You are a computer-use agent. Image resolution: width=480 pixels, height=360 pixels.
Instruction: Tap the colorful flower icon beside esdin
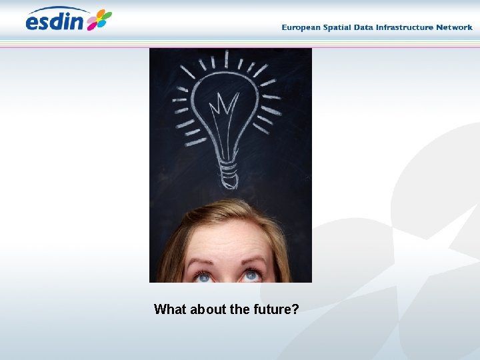click(x=99, y=19)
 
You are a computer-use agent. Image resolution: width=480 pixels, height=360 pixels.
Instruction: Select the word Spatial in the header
click(x=340, y=27)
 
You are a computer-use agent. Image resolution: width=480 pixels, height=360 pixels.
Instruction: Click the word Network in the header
click(x=454, y=27)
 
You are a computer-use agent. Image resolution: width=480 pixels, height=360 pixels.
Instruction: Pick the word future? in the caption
click(x=275, y=309)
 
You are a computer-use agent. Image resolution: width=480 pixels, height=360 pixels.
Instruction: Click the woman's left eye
click(x=251, y=275)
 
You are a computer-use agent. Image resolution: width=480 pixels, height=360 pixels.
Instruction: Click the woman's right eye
click(x=202, y=275)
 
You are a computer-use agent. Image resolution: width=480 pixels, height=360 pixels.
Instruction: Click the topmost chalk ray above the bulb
click(x=227, y=59)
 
